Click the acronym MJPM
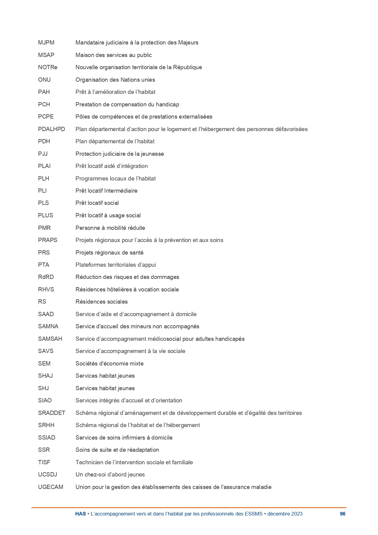click(x=46, y=43)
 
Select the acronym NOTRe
click(x=48, y=67)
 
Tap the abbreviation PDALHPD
click(x=51, y=129)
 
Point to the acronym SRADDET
click(x=51, y=413)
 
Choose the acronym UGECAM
click(x=51, y=487)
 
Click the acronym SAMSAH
click(x=50, y=339)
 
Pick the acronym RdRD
click(x=46, y=277)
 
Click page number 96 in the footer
click(x=343, y=514)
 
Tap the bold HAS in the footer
click(x=80, y=514)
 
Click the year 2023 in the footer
click(x=297, y=514)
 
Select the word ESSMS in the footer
click(x=253, y=514)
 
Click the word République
click(x=187, y=67)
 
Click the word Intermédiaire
click(x=121, y=191)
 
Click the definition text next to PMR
click(x=110, y=228)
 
